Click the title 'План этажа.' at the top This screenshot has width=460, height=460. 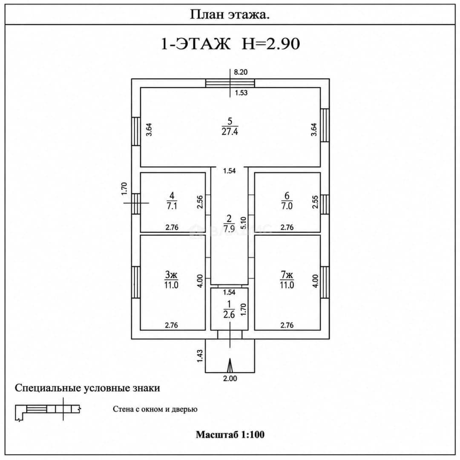tap(230, 14)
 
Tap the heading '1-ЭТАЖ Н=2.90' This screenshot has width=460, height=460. tap(230, 44)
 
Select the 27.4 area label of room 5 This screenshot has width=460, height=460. tap(230, 132)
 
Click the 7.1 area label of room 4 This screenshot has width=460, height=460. tap(172, 206)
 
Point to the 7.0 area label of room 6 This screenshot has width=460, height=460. tap(287, 206)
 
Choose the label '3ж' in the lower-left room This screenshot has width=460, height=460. tap(171, 275)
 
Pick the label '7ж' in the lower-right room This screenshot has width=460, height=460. tap(287, 275)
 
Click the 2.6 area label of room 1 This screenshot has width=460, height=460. tap(229, 315)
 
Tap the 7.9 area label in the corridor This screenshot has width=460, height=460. tap(229, 229)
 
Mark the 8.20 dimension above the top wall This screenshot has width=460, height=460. tap(241, 72)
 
